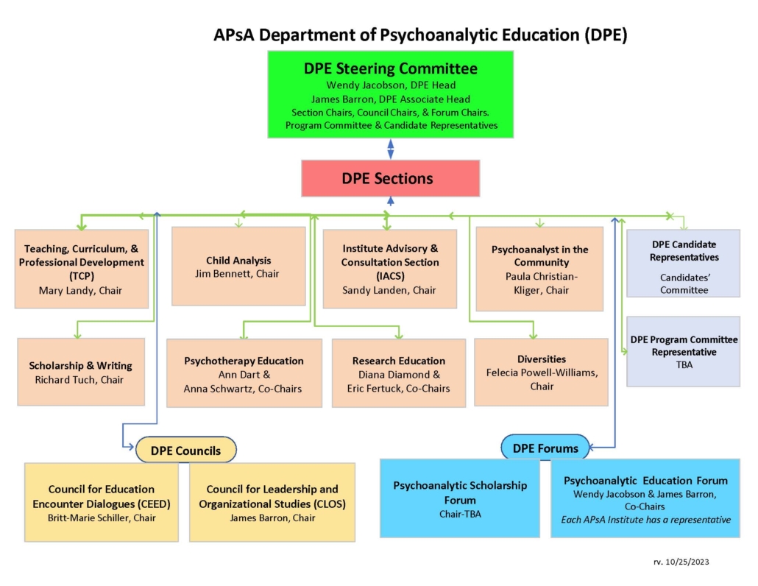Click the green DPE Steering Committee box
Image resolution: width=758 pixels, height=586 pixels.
391,95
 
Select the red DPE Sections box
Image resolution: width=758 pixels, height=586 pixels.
391,178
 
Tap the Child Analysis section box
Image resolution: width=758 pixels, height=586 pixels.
239,266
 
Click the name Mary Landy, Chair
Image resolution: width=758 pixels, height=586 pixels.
80,291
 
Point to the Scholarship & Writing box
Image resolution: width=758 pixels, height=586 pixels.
81,372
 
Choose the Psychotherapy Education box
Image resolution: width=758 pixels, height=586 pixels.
244,373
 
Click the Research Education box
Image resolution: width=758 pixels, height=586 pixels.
399,373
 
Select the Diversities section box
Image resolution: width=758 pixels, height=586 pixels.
542,373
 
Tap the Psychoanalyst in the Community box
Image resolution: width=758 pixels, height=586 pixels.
540,269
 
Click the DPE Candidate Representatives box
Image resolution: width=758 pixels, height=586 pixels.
684,264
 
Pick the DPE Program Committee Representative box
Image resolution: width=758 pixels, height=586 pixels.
684,351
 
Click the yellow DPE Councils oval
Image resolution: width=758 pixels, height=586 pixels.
186,450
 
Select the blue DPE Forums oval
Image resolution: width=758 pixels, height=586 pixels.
545,448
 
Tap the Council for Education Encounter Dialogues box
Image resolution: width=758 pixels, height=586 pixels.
102,502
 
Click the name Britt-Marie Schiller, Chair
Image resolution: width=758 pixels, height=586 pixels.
102,518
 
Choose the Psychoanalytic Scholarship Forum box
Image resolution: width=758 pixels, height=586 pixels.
460,498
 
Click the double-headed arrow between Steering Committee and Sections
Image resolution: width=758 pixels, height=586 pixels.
391,149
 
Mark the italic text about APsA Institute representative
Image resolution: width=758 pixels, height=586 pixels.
646,520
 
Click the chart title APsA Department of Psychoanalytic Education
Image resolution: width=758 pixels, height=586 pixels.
420,35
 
